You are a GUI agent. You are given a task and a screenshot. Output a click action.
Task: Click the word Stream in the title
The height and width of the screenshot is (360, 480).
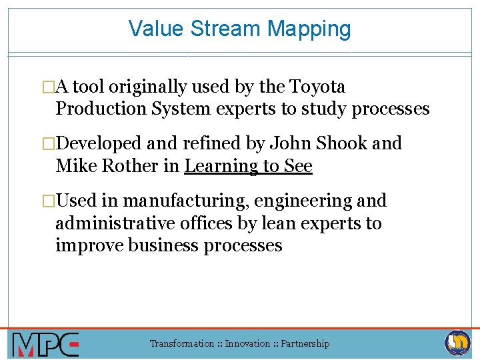point(225,29)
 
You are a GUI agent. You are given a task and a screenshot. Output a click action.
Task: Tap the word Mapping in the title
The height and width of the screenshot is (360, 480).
point(309,29)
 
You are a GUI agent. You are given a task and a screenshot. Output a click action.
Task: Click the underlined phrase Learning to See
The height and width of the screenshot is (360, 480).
point(248,165)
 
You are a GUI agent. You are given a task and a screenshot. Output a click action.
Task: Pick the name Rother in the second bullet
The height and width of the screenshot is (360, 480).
point(133,165)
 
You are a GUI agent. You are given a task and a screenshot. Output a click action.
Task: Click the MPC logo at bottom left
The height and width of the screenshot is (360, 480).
point(45,344)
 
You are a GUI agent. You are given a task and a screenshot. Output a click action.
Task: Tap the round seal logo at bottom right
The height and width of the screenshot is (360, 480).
point(458,343)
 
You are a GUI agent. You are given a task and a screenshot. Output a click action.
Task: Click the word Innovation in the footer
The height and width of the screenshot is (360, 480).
point(247,344)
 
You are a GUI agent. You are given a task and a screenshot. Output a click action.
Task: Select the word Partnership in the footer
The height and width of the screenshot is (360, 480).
point(305,344)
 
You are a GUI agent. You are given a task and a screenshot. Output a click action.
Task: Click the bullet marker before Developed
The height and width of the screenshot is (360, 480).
point(50,143)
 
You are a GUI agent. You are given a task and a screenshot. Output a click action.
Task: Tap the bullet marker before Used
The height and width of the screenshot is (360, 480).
point(50,201)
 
